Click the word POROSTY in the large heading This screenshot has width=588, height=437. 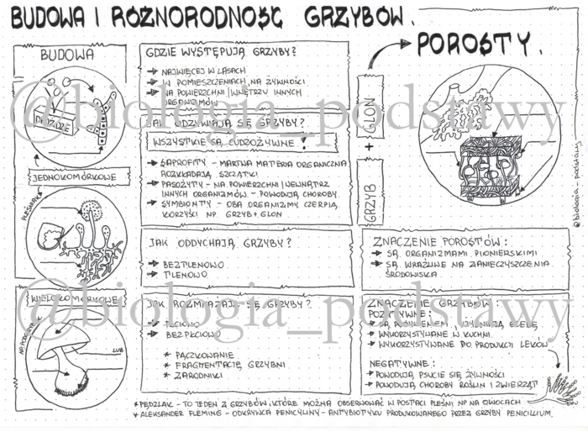pyautogui.click(x=475, y=43)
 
